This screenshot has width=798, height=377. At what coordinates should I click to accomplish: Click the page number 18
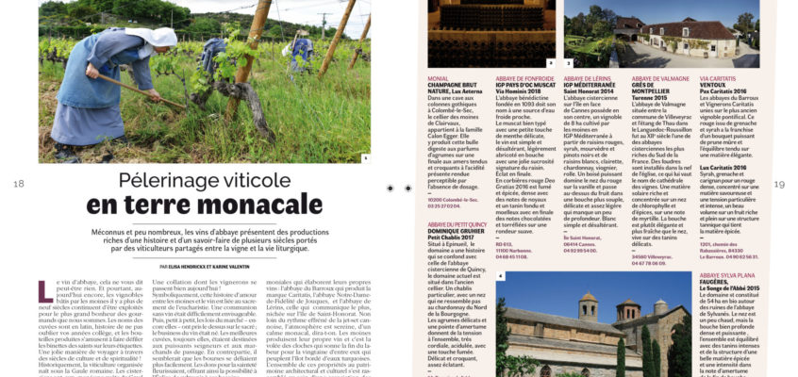click(x=19, y=184)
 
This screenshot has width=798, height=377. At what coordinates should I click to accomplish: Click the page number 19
click(x=779, y=185)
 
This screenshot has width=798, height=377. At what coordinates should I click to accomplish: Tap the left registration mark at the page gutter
click(x=391, y=188)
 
